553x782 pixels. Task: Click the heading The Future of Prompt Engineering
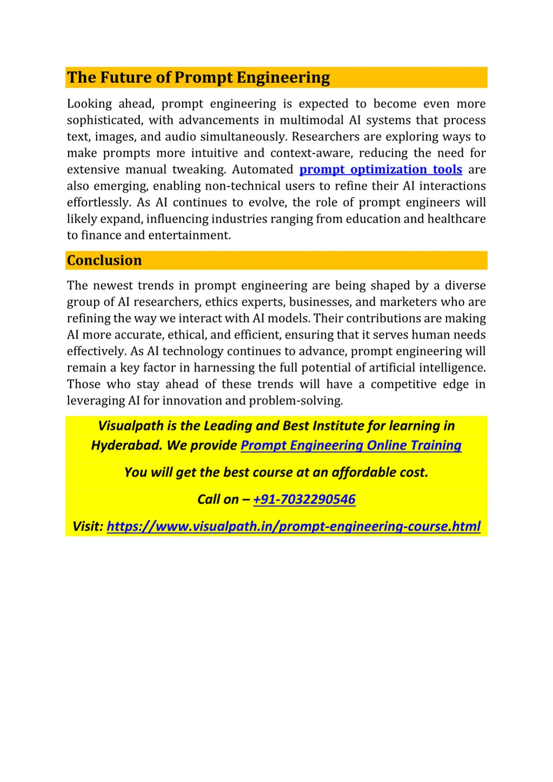[198, 78]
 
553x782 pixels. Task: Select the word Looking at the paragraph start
[89, 104]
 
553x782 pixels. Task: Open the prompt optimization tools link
[381, 170]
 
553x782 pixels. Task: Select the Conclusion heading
[104, 260]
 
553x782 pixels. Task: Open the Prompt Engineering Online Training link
[351, 446]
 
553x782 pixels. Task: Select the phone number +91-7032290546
[304, 500]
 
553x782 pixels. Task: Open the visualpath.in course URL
[293, 527]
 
